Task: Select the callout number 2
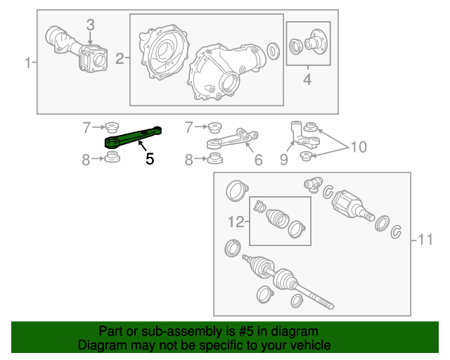120,60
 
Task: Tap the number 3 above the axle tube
90,25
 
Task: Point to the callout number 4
307,80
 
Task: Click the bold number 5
149,159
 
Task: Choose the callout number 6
258,160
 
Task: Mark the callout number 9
283,160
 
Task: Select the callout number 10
359,147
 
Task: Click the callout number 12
236,222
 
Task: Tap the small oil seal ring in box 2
273,50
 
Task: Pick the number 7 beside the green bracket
87,127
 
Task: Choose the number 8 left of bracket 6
188,160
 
